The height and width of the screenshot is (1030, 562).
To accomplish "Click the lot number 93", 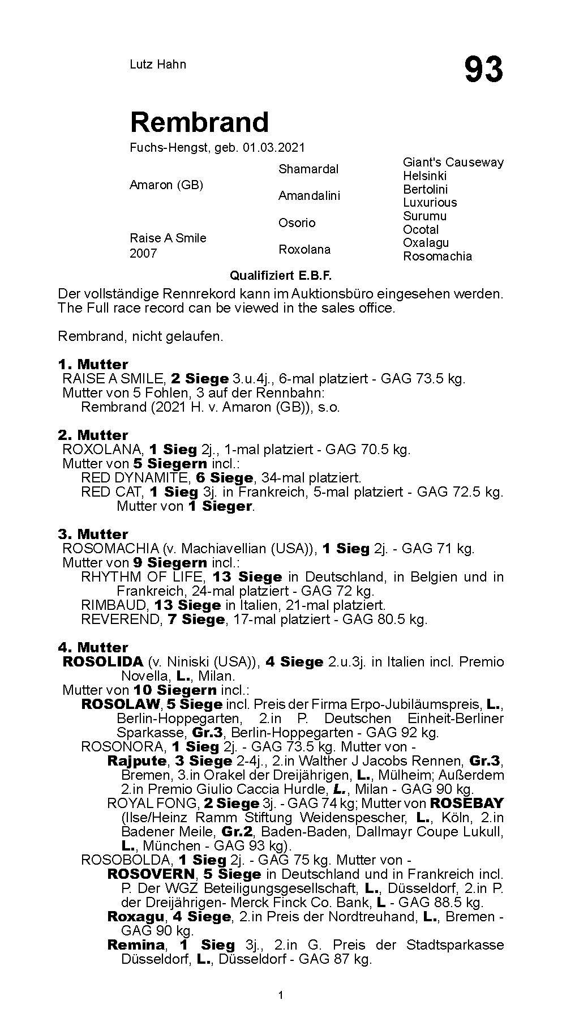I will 483,70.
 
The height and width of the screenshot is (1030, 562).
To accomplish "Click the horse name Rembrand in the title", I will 199,122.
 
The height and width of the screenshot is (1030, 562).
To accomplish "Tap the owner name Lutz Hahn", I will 158,65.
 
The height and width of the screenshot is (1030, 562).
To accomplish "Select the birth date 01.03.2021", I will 274,148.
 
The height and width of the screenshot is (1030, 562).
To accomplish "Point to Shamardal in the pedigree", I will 308,169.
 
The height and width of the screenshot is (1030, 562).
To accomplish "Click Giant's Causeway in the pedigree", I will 453,163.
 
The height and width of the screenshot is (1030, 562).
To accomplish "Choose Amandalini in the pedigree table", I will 309,196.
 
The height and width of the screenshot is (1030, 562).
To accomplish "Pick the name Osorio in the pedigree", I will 297,223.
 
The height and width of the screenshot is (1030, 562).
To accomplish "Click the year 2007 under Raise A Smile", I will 143,254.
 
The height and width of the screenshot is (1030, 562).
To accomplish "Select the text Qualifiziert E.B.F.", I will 280,276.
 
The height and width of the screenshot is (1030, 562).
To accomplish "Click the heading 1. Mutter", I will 93,364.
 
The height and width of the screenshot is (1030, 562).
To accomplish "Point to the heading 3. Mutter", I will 93,534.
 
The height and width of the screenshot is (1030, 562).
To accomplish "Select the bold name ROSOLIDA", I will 102,662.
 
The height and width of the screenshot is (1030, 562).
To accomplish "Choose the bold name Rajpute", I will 137,761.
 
